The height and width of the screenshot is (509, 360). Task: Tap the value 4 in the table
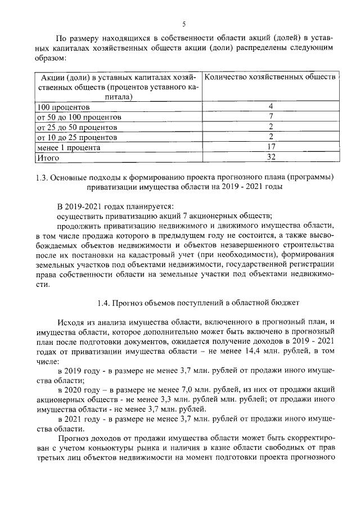[x=271, y=107]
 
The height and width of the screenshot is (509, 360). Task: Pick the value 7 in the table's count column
[x=271, y=117]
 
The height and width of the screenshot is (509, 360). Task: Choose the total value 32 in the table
[x=271, y=157]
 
